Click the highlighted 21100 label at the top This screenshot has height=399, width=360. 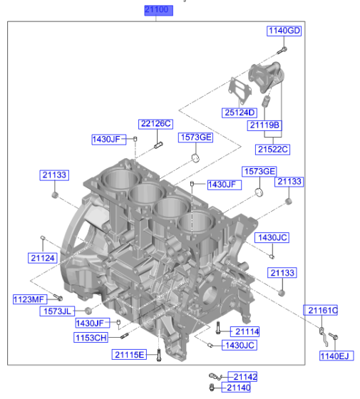pyautogui.click(x=157, y=11)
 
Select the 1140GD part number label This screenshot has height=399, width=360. pyautogui.click(x=284, y=31)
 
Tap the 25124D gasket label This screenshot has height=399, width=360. pyautogui.click(x=239, y=113)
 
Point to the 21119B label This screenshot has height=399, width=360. pyautogui.click(x=264, y=125)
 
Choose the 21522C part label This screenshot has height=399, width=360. pyautogui.click(x=273, y=149)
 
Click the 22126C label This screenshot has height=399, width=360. pyautogui.click(x=155, y=124)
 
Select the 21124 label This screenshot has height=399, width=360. pyautogui.click(x=43, y=257)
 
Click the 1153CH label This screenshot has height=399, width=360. pyautogui.click(x=91, y=337)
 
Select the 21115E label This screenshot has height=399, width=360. pyautogui.click(x=129, y=354)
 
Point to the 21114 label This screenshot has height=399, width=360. pyautogui.click(x=246, y=331)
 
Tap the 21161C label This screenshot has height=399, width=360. pyautogui.click(x=322, y=310)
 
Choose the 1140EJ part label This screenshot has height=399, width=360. pyautogui.click(x=335, y=356)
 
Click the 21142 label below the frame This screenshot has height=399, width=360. pyautogui.click(x=242, y=376)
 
